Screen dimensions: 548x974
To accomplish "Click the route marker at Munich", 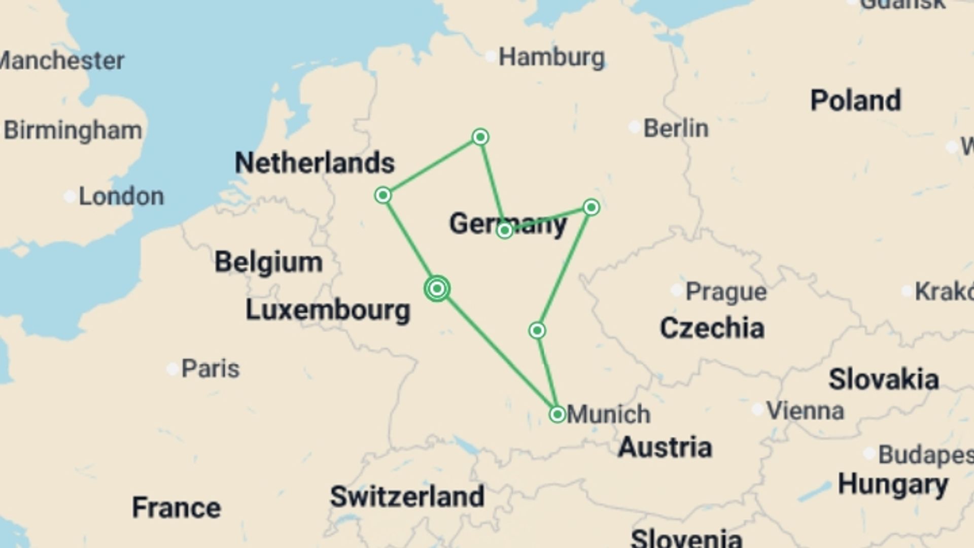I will click(x=557, y=415).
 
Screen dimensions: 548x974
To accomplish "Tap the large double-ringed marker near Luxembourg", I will click(x=437, y=289).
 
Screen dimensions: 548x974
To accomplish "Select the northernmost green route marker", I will click(x=480, y=137).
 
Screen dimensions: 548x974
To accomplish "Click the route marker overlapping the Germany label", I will click(x=504, y=231).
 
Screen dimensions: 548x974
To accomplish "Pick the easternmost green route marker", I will click(x=591, y=207).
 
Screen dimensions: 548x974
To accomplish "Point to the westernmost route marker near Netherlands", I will click(x=383, y=195).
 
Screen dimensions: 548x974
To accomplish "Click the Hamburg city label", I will click(x=551, y=57).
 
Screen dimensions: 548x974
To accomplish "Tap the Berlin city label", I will click(x=676, y=128).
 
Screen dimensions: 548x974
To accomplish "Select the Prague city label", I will click(x=726, y=292).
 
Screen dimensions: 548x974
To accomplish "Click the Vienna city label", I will click(x=805, y=410).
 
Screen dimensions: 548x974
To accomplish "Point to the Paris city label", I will click(x=210, y=369).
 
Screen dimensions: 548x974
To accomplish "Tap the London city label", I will click(x=121, y=196).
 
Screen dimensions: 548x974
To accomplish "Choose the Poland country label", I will click(x=855, y=100).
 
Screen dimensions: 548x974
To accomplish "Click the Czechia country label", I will click(x=712, y=328).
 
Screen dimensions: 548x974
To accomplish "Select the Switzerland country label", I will click(x=407, y=496).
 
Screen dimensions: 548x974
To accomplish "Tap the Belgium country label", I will click(x=268, y=262).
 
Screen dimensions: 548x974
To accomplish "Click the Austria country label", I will click(x=665, y=448).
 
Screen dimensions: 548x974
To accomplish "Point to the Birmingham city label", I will click(x=73, y=130).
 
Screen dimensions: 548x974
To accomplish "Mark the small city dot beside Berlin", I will click(x=634, y=127).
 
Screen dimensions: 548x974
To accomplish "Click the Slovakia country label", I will click(x=883, y=380).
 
